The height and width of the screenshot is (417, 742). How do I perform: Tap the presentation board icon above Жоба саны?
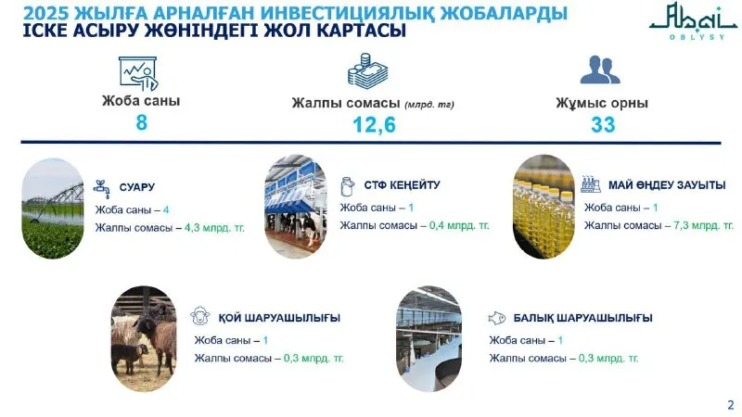click(138, 74)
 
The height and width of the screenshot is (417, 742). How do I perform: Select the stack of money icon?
click(367, 71)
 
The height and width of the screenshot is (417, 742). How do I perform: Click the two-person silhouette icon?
click(600, 70)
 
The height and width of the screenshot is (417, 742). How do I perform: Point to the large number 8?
click(142, 122)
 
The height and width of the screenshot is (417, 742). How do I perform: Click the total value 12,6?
click(374, 125)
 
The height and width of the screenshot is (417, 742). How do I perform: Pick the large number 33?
click(603, 125)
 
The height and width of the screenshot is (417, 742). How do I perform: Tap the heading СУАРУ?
click(136, 187)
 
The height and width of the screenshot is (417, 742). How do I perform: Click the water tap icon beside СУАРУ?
click(102, 189)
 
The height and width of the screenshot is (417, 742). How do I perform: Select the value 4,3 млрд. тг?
click(214, 228)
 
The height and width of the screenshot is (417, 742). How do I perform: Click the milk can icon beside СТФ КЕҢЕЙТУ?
click(347, 186)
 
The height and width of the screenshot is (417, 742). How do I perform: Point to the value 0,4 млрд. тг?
click(459, 225)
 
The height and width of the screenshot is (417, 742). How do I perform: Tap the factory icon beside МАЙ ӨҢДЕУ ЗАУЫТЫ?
click(590, 184)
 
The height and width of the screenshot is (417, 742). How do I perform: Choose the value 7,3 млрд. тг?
click(703, 225)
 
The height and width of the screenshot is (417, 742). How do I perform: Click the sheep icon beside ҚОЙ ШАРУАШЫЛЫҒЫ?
click(199, 316)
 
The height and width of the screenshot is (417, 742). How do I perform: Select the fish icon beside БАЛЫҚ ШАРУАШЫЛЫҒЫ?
click(497, 318)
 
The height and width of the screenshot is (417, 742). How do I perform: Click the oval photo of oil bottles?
click(544, 207)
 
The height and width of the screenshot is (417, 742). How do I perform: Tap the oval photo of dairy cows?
click(296, 207)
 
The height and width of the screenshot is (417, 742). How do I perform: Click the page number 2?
click(731, 405)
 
